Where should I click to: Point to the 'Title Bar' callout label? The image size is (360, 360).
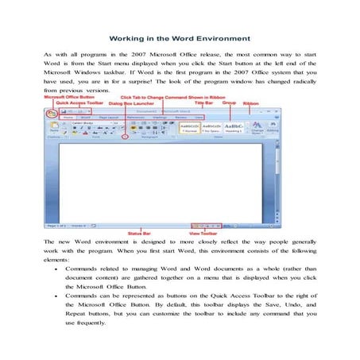click(x=204, y=103)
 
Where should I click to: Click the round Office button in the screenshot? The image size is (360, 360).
click(x=52, y=113)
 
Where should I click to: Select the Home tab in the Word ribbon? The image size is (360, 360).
click(x=69, y=116)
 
